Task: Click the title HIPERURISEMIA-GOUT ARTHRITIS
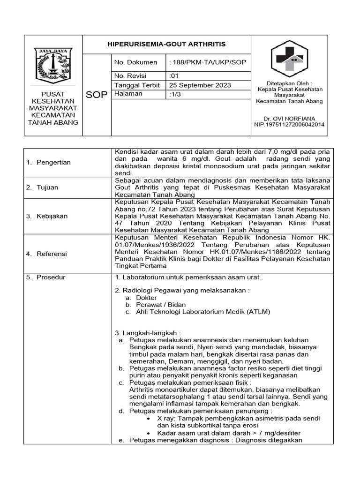tap(167, 44)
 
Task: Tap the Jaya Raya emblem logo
tap(53, 65)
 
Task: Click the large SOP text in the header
tap(97, 95)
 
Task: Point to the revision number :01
tap(173, 76)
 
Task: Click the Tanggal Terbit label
tap(137, 85)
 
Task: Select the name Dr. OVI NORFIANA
tap(289, 118)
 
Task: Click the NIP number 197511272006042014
tap(289, 125)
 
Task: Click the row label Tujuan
tap(45, 187)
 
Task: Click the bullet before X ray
tap(148, 418)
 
